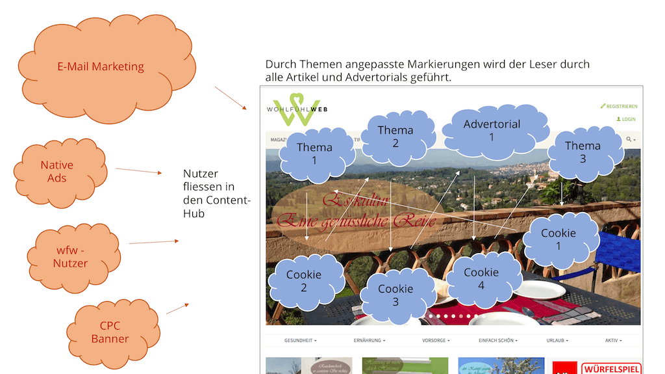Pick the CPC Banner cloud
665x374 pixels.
[110, 332]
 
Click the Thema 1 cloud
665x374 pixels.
[314, 154]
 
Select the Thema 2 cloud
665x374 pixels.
[395, 137]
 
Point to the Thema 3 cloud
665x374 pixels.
[583, 152]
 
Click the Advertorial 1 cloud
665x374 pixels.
[492, 130]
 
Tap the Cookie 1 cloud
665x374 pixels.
[558, 239]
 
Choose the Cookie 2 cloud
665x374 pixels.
[303, 281]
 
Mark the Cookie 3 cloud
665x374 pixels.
[395, 295]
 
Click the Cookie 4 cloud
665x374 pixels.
[481, 278]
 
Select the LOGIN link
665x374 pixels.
[625, 120]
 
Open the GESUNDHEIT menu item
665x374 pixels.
[301, 340]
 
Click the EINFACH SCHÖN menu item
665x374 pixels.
[497, 340]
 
